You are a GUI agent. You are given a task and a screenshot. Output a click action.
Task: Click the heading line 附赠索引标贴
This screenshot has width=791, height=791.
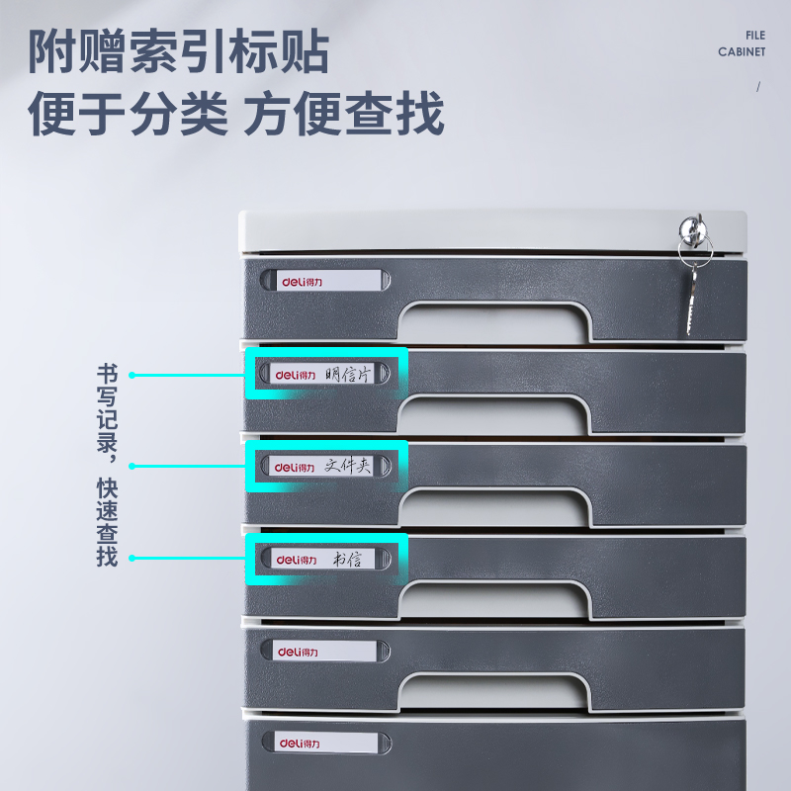point(178,51)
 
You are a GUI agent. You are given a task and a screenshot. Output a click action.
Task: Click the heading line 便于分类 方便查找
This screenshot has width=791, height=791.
point(235,115)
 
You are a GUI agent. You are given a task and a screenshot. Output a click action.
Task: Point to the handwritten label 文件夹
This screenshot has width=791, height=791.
point(347,466)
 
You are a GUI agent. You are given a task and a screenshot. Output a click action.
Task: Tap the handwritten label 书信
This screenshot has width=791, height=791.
point(346,559)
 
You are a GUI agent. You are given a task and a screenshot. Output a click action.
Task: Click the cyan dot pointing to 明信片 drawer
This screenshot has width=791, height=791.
point(132,375)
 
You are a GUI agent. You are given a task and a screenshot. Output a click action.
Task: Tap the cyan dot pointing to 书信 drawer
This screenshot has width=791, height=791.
point(132,559)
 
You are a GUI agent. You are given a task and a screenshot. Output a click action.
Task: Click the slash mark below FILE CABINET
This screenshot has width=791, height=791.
point(758,86)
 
